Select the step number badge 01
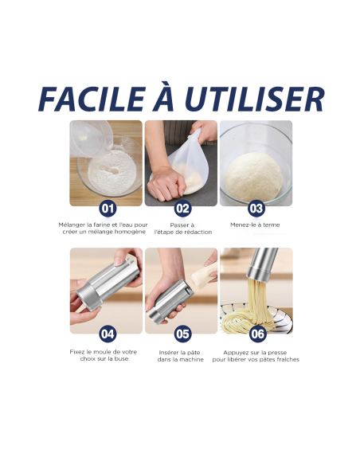[x=108, y=209]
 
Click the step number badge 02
[x=182, y=209]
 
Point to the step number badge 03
[x=256, y=209]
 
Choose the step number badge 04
[x=108, y=334]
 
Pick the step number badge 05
[x=182, y=334]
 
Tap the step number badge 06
[x=256, y=334]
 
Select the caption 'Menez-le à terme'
[x=256, y=225]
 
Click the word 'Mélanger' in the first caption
[x=73, y=225]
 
